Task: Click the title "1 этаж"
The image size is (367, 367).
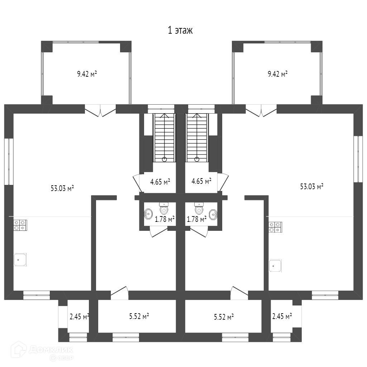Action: point(180,30)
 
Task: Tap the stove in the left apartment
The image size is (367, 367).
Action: point(20,225)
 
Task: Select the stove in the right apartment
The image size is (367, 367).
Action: point(275,227)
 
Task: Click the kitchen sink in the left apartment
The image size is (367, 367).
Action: point(20,259)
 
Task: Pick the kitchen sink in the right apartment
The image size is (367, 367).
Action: point(275,266)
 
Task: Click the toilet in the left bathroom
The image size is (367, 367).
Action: point(164,209)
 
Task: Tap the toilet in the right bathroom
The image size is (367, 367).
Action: point(199,209)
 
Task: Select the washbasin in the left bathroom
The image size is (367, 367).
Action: point(148,214)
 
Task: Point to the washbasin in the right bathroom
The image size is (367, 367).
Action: point(213,214)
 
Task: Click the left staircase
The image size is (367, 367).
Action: point(164,138)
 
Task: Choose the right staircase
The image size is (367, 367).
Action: point(197,138)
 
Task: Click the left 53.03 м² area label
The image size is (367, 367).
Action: point(62,188)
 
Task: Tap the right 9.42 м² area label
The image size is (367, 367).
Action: point(278,74)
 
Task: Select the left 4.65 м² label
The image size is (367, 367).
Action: point(160,182)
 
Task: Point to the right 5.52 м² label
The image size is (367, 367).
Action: point(224,316)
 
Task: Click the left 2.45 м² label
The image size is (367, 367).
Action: point(79,316)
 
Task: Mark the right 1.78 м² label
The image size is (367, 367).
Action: point(197,219)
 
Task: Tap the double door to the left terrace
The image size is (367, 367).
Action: point(100,110)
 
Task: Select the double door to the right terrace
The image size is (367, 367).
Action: point(261,110)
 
